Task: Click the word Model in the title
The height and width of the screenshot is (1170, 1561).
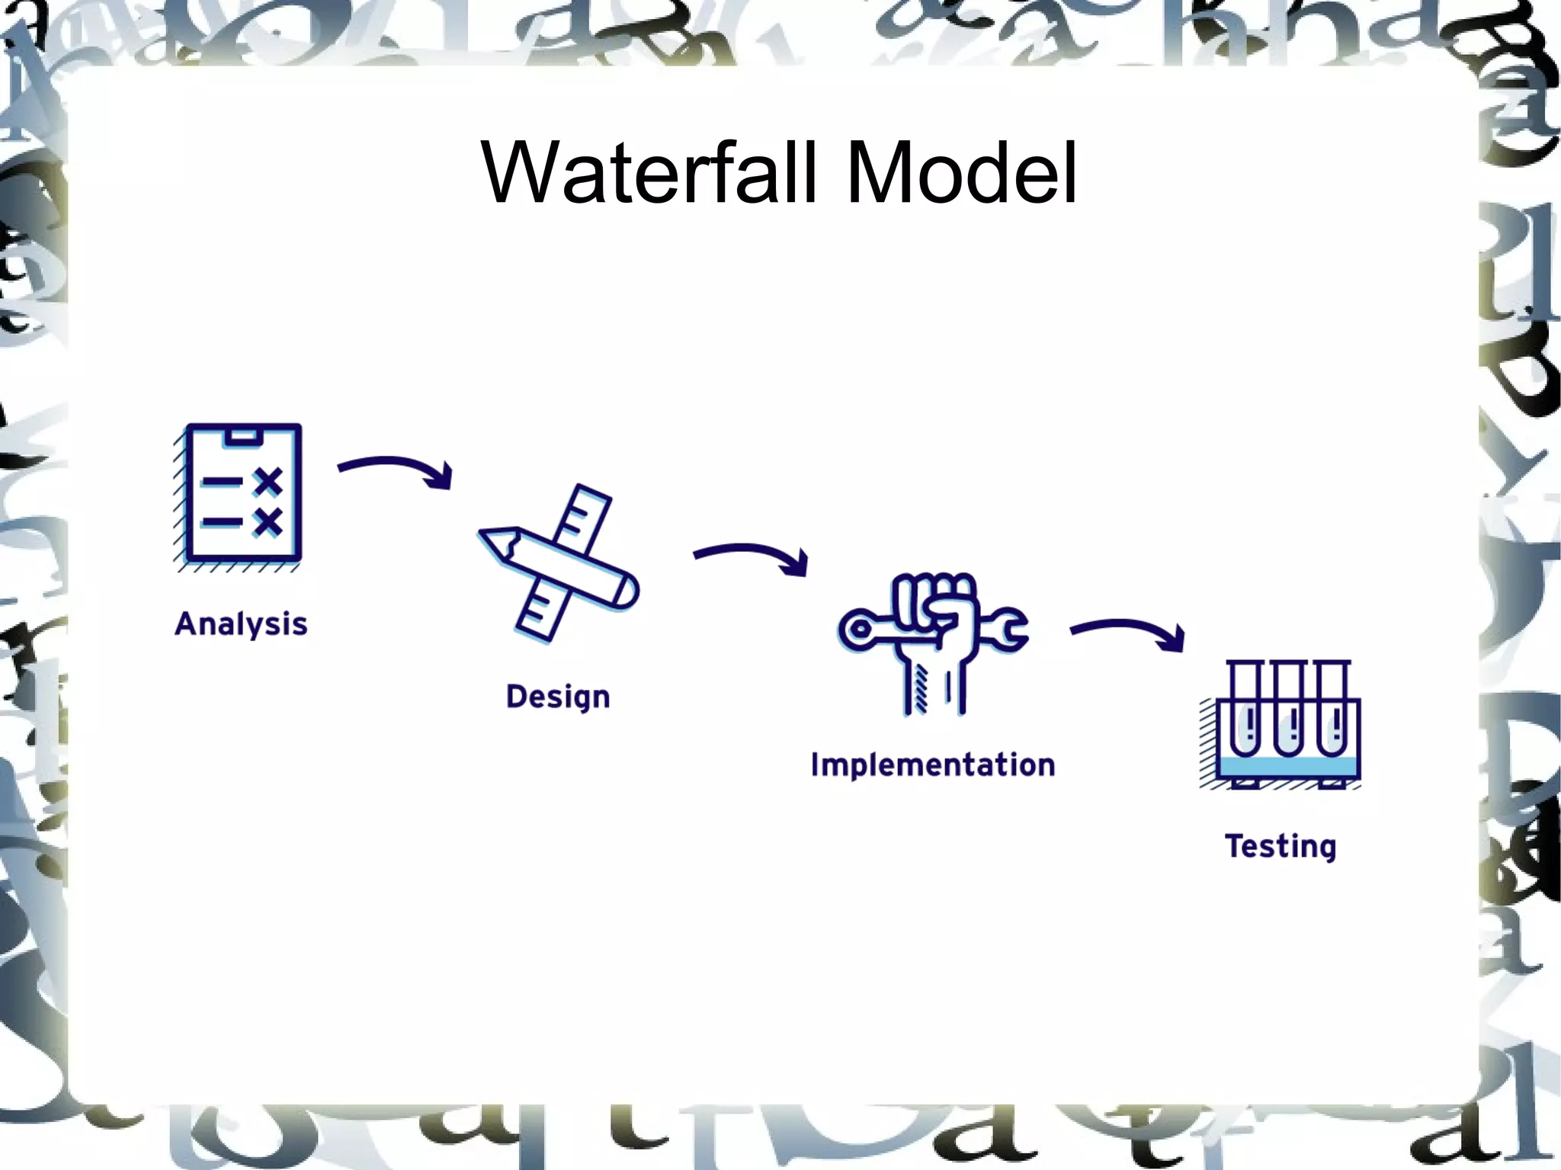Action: [962, 174]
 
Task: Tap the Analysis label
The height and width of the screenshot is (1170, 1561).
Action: [241, 623]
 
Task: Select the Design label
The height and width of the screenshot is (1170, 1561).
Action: [558, 697]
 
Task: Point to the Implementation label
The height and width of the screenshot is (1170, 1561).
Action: [932, 765]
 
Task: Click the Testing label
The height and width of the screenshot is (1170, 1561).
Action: [1281, 846]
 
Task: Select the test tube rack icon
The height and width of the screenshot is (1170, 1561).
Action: [1285, 724]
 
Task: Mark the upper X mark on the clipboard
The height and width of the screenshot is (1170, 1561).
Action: [268, 482]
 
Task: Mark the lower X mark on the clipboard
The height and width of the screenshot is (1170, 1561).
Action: [268, 522]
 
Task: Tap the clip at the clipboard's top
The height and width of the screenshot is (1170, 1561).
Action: [242, 437]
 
